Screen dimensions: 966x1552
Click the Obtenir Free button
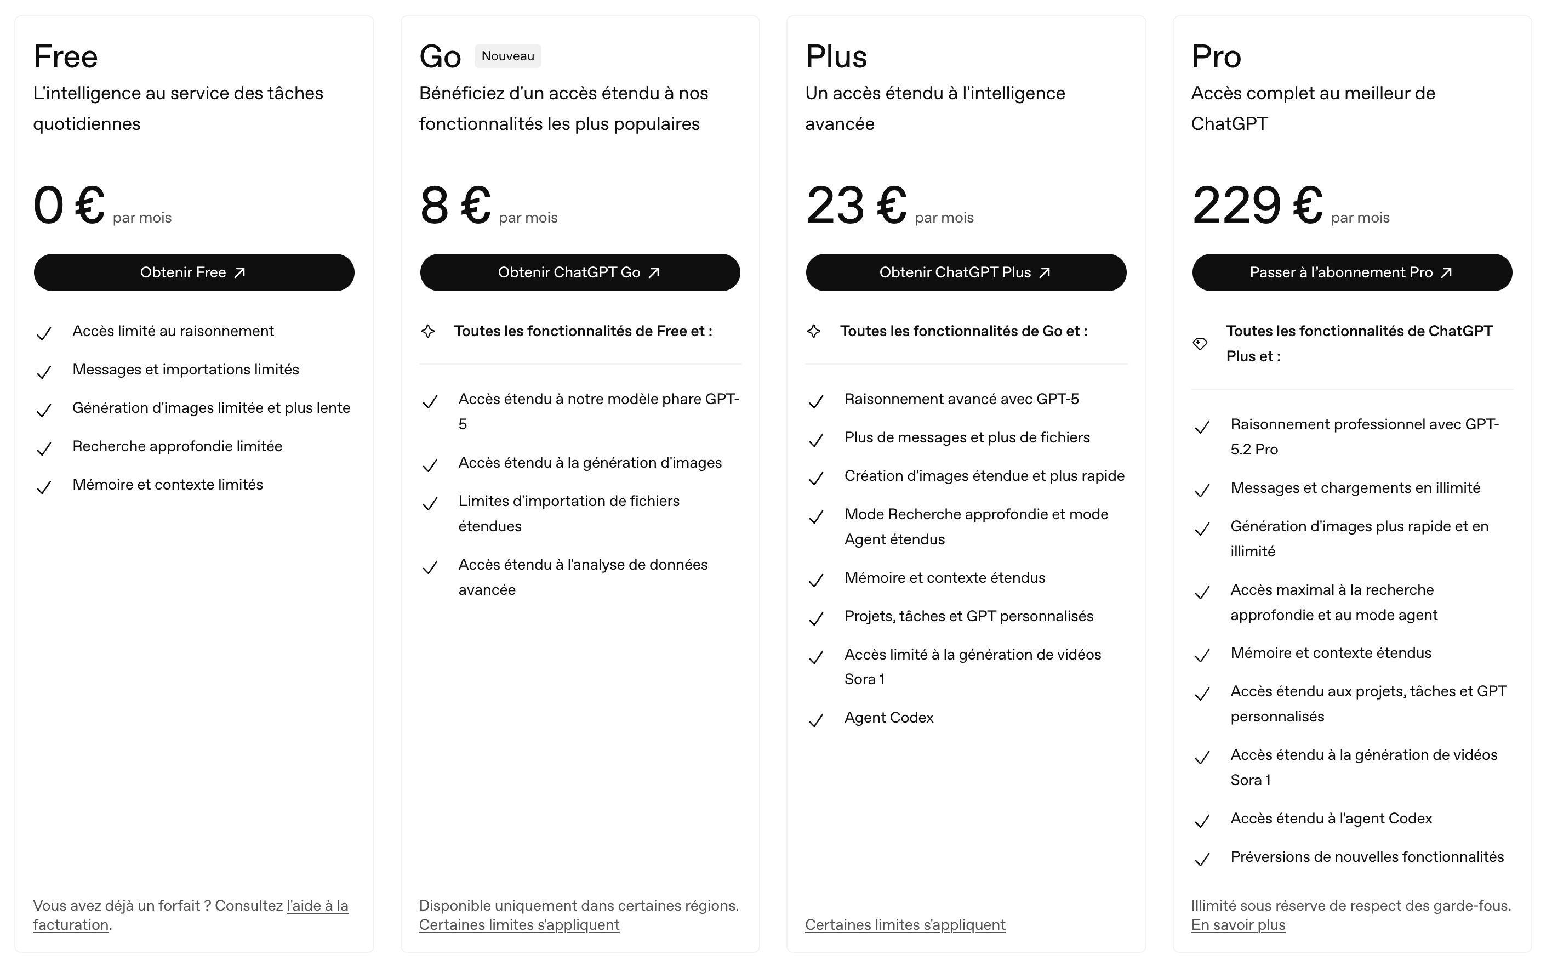[x=193, y=273]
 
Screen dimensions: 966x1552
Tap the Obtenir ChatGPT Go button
[x=579, y=273]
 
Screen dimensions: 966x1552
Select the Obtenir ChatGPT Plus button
[x=965, y=273]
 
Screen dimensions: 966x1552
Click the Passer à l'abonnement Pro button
[x=1351, y=273]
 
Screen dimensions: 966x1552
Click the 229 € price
[x=1256, y=206]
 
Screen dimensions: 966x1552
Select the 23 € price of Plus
[x=856, y=206]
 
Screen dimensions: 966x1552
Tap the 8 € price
[x=455, y=206]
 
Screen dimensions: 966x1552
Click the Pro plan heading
[x=1216, y=56]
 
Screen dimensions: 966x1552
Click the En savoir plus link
[x=1238, y=925]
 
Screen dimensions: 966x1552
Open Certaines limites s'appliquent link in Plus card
[x=904, y=925]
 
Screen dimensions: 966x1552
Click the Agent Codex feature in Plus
[x=888, y=718]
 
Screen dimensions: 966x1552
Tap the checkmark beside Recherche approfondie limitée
[x=43, y=449]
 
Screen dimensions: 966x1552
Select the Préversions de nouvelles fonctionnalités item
[x=1367, y=857]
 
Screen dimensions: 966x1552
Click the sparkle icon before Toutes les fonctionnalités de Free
[x=428, y=332]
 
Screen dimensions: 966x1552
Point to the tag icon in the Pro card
[x=1200, y=344]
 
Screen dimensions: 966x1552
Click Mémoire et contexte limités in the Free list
[x=167, y=485]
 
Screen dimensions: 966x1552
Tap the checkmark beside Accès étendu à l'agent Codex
[x=1202, y=822]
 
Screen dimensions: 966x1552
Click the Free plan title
[x=65, y=56]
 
